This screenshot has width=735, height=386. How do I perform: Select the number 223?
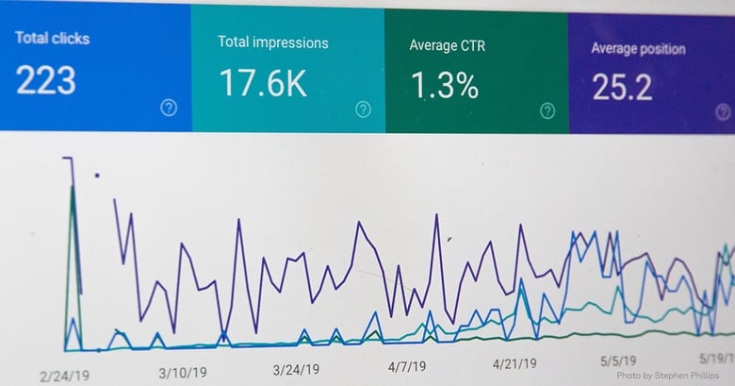click(47, 79)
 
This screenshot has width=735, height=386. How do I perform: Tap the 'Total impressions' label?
click(273, 42)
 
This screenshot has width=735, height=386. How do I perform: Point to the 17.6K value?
click(263, 83)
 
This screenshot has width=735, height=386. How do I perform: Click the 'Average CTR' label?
click(449, 44)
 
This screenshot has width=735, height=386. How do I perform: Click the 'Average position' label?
click(638, 48)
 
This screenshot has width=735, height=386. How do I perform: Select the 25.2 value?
click(622, 88)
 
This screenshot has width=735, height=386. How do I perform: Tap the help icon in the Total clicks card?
click(169, 108)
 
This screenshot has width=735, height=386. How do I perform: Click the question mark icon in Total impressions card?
click(363, 109)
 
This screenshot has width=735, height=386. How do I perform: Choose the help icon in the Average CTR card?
click(547, 111)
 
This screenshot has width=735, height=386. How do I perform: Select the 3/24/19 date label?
click(297, 369)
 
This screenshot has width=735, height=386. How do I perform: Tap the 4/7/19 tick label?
click(407, 365)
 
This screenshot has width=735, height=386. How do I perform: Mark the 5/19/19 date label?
click(714, 359)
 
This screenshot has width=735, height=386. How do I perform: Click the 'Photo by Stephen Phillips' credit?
click(668, 376)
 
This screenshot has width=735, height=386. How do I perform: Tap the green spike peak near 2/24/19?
click(73, 186)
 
